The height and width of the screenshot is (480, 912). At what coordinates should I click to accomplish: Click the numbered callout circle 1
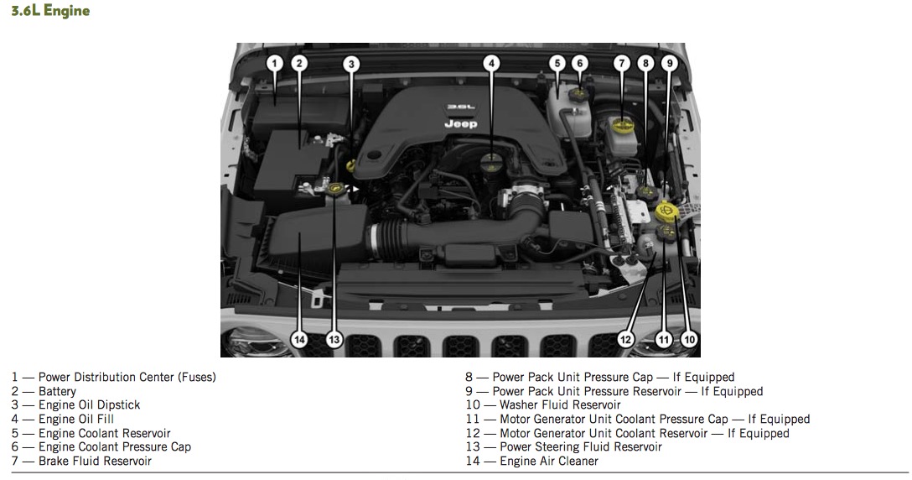coord(275,64)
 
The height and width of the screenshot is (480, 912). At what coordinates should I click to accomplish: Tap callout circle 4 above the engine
coord(491,64)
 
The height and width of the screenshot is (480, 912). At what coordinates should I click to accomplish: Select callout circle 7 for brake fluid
coord(622,64)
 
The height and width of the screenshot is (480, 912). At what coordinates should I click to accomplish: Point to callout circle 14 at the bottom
coord(299,340)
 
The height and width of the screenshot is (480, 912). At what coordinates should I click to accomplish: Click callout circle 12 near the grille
coord(625,340)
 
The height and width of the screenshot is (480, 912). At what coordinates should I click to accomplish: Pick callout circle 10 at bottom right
coord(689,340)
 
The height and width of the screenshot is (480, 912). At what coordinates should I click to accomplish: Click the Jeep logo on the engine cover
coord(461,123)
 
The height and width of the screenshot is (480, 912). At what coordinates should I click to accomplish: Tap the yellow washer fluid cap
coord(666,211)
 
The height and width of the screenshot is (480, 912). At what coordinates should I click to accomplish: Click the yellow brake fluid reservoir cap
coord(622,125)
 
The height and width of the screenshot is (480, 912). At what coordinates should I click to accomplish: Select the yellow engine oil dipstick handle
coord(350,165)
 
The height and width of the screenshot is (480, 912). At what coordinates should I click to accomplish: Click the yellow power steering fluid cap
coord(335,188)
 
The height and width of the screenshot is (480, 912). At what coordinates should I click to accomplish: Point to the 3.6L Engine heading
coord(50,10)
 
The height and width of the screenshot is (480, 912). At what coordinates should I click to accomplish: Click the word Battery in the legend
coord(57,391)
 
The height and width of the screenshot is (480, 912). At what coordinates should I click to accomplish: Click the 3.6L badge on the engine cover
coord(461,107)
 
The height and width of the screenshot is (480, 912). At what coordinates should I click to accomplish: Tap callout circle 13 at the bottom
coord(334,340)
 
